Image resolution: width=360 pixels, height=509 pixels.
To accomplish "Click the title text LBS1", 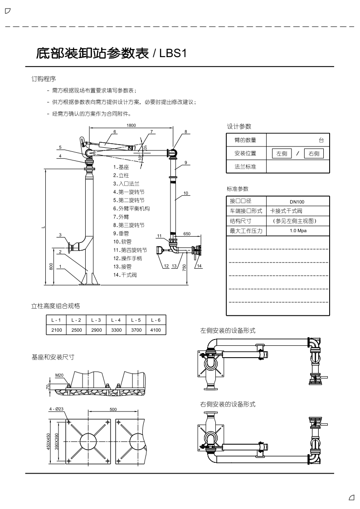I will coord(173,53).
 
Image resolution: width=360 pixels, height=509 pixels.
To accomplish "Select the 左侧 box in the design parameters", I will coord(282,154).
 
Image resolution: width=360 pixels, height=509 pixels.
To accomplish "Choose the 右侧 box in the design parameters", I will coord(313,154).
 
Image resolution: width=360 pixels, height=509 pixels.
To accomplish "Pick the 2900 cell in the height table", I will coord(97,330).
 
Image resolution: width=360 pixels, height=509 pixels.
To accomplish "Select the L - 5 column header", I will coord(136,320).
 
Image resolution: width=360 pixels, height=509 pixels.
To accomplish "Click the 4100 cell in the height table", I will coord(156,330).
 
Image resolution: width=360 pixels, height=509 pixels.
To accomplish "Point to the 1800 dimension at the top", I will coord(131,125).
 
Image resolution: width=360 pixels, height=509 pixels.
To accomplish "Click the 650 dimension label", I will coord(187,233).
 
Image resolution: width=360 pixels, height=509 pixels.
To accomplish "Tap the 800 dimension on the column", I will coord(51,266).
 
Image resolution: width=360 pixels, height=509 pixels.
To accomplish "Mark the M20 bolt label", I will coord(59,375).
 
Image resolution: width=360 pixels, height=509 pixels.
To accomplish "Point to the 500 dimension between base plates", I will coord(113,409).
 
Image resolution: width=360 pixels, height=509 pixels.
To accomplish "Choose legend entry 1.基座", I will coord(121,167).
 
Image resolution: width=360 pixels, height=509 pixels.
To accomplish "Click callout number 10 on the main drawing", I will coord(186,193).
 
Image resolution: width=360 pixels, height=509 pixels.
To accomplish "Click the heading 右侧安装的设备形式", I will coord(228,404).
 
